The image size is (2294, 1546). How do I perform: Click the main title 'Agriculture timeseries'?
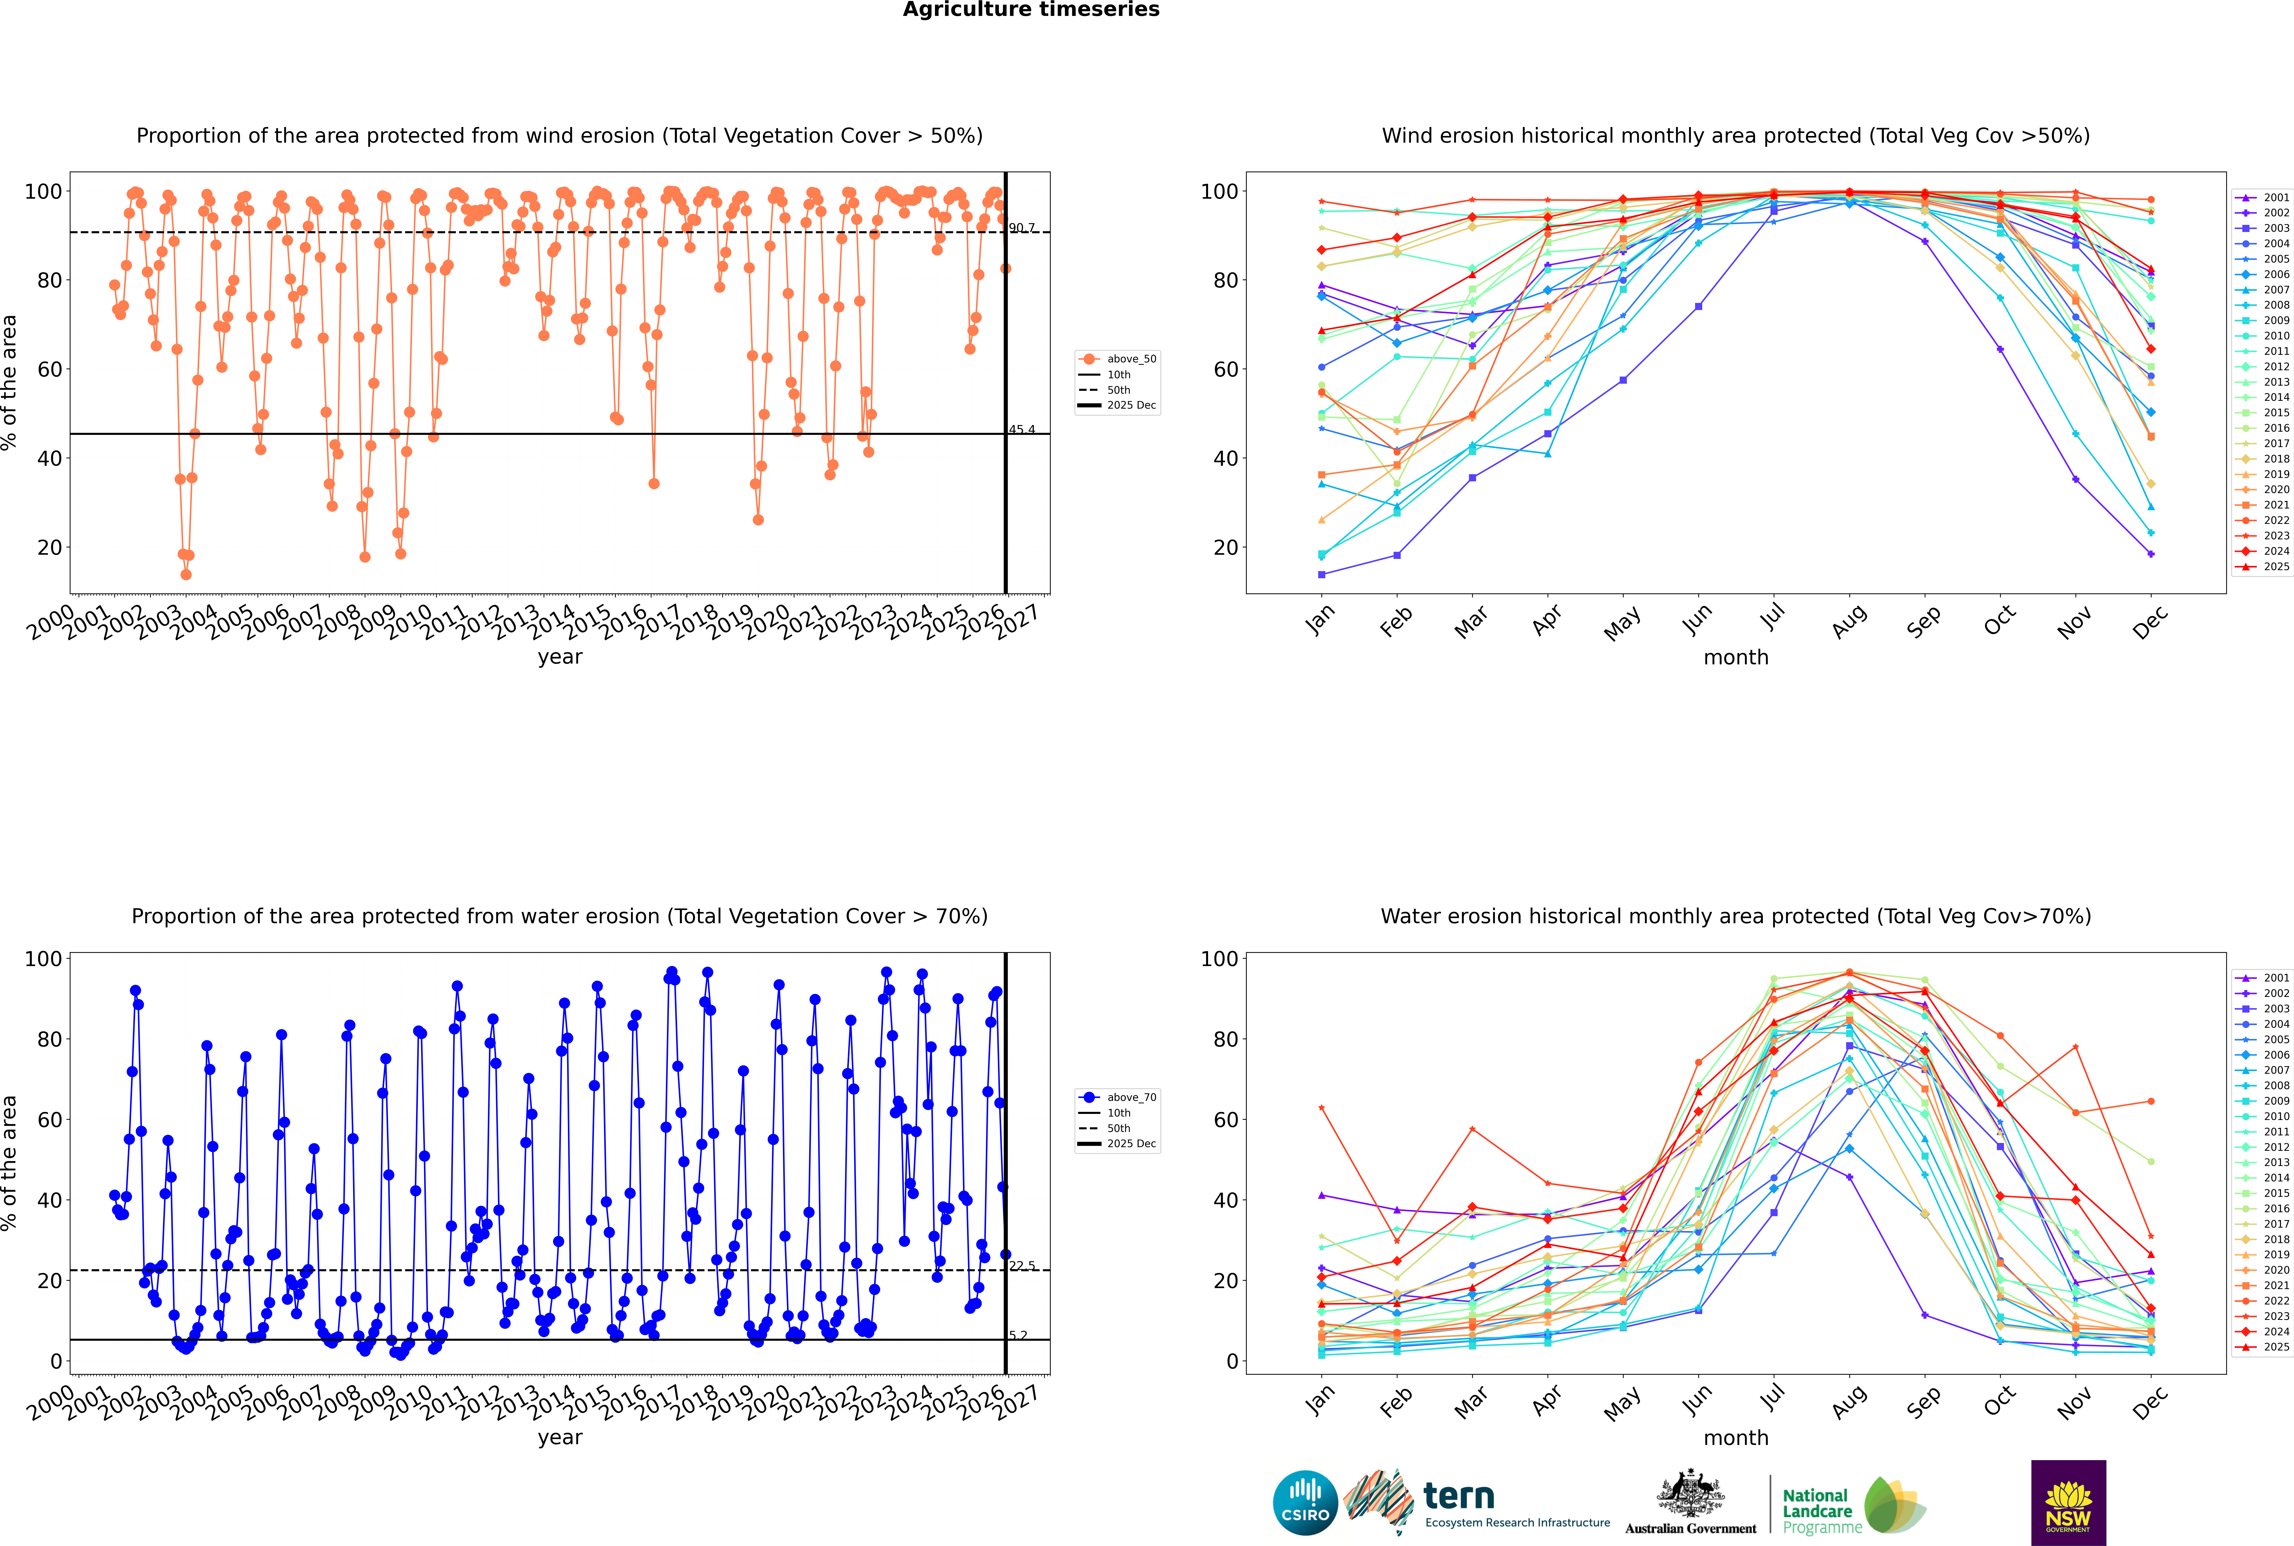1031,10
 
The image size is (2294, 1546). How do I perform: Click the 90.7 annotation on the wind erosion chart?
1022,228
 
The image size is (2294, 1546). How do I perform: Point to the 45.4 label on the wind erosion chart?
1022,430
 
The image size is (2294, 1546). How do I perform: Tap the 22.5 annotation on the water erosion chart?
1022,1266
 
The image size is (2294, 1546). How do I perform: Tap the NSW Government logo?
2068,1503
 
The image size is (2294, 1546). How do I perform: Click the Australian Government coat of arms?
1690,1495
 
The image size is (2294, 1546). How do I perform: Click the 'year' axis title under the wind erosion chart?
560,657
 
